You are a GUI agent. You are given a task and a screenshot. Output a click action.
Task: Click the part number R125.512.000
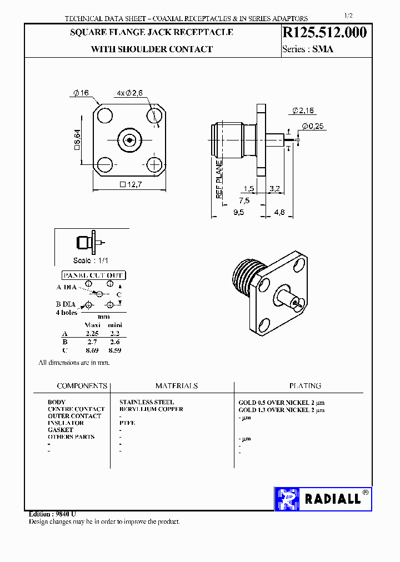326,33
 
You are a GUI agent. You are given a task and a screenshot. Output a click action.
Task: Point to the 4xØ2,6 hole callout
131,93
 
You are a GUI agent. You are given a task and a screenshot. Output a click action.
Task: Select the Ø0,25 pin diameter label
313,126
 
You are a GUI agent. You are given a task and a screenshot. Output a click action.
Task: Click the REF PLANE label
219,179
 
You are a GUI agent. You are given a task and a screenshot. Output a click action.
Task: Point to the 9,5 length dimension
238,212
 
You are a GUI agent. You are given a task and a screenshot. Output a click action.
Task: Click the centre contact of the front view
129,140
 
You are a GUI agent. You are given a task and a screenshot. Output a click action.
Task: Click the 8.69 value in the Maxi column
92,351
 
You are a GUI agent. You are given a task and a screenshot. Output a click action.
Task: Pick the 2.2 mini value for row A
115,334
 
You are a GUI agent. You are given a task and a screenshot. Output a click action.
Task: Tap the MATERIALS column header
176,385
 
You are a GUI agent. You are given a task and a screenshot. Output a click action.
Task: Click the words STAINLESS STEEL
147,402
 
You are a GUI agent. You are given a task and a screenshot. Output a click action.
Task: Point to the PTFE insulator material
127,423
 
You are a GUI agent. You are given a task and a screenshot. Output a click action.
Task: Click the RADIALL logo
323,499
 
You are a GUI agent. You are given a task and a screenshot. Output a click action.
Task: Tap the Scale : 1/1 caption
92,260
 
